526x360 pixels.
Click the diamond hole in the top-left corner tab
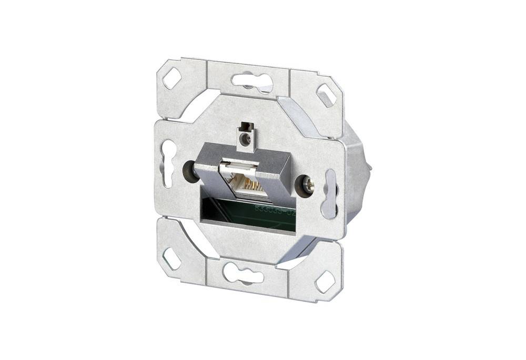point(172,79)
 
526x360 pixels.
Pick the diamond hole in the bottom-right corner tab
point(324,282)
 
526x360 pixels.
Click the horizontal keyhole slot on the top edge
point(252,81)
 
